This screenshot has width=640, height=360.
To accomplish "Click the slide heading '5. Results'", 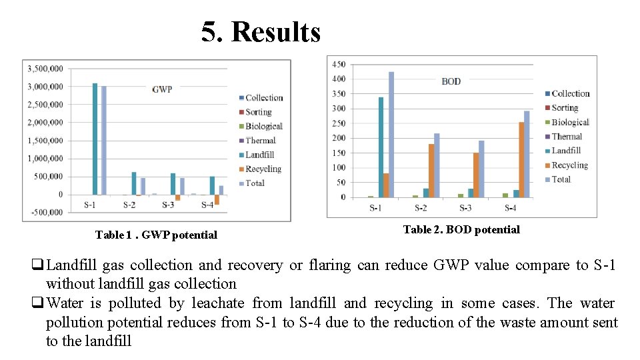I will pyautogui.click(x=261, y=31).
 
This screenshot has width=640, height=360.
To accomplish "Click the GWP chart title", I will pyautogui.click(x=162, y=89).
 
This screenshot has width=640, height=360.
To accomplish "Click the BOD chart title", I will pyautogui.click(x=451, y=81).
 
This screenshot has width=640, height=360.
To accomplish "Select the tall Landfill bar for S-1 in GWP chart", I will pyautogui.click(x=95, y=139).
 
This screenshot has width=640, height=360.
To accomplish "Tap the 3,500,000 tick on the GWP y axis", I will pyautogui.click(x=45, y=69).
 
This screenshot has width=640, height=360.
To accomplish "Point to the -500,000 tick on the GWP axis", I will pyautogui.click(x=45, y=213).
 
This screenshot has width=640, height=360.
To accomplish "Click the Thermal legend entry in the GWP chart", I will pyautogui.click(x=260, y=141).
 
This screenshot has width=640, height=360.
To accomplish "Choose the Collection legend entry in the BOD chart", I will pyautogui.click(x=570, y=94).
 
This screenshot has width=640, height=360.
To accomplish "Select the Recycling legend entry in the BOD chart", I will pyautogui.click(x=569, y=165).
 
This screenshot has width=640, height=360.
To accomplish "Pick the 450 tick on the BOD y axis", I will pyautogui.click(x=339, y=64).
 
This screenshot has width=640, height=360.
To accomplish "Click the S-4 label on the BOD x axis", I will pyautogui.click(x=510, y=209).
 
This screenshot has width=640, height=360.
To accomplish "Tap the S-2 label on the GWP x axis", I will pyautogui.click(x=129, y=205).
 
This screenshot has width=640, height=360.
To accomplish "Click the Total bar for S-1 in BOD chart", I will pyautogui.click(x=391, y=134).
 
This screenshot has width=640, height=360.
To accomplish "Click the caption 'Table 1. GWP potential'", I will pyautogui.click(x=156, y=235).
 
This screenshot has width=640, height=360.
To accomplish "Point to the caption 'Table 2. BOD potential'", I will pyautogui.click(x=461, y=229).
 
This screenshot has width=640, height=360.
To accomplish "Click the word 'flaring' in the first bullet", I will pyautogui.click(x=331, y=265).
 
